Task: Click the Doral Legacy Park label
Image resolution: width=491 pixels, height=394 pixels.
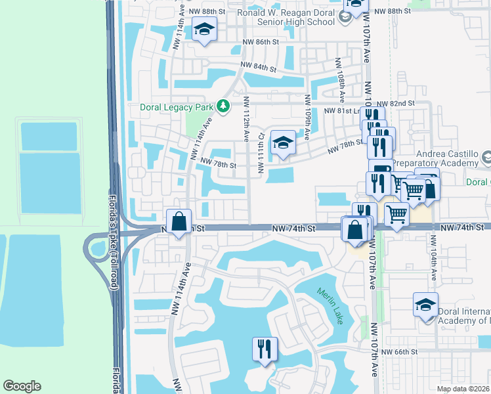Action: (177, 106)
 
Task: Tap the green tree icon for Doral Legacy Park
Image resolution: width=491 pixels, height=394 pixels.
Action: (224, 106)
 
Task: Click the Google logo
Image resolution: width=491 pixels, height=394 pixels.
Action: (22, 386)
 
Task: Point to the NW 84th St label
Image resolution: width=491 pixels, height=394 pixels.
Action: (256, 66)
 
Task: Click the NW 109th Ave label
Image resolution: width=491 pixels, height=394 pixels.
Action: (307, 117)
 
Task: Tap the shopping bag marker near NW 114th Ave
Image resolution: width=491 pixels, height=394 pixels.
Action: (179, 221)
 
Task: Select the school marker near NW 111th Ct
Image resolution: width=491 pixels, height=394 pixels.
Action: (282, 142)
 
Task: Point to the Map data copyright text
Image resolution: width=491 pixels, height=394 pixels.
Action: (462, 388)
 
